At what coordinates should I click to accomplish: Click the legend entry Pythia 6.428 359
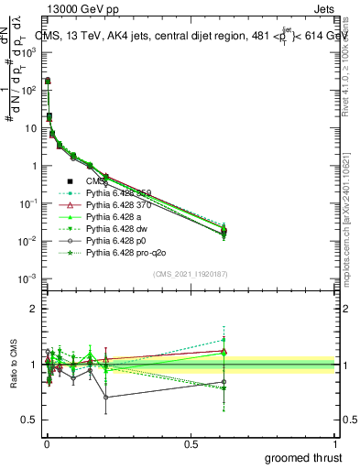[116, 192]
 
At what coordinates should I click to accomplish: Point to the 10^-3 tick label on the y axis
[26, 278]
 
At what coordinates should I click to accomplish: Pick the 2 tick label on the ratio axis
[30, 309]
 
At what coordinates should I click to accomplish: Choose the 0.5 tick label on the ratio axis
[26, 420]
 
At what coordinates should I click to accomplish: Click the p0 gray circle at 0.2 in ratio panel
[105, 397]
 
